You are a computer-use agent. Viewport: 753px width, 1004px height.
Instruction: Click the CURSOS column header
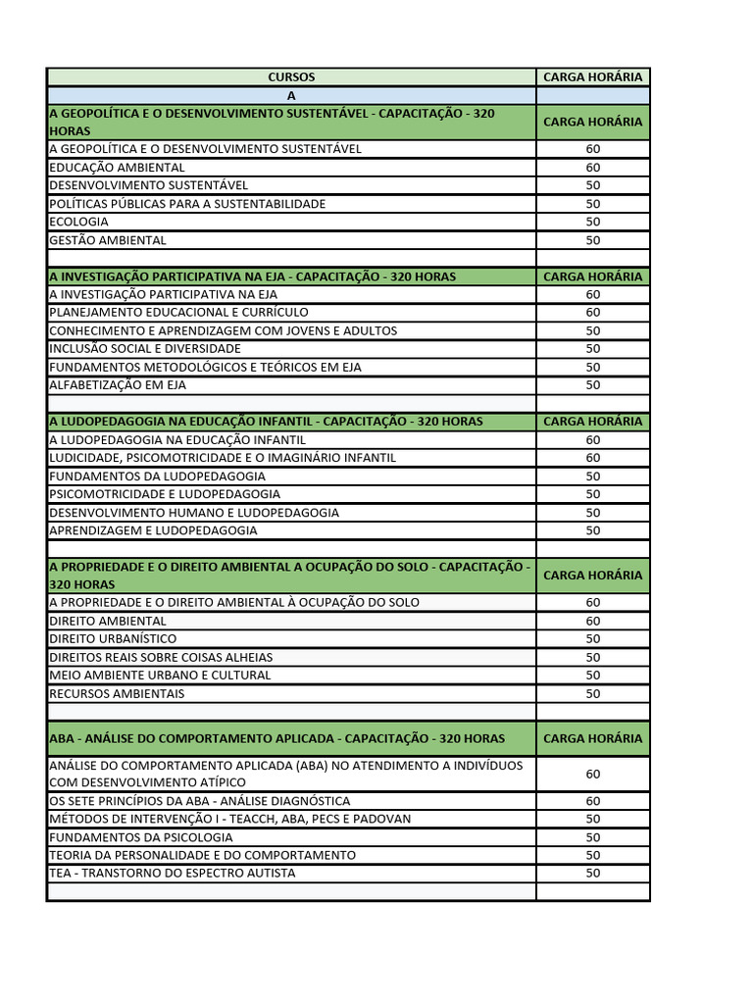coord(291,76)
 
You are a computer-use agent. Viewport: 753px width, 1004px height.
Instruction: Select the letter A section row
coord(291,95)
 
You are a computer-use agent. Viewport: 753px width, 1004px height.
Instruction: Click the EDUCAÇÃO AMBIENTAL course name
coord(117,168)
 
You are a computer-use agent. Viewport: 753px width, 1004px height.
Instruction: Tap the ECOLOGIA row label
coord(78,222)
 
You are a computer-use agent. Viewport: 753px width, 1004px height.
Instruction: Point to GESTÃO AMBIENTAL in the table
coord(108,240)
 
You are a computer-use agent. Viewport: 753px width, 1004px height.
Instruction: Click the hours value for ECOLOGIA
coord(592,222)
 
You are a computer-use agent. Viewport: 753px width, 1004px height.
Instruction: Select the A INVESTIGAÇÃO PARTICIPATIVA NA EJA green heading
coord(252,276)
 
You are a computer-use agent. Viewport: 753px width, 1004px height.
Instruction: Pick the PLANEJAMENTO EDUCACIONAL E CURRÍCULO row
coord(178,313)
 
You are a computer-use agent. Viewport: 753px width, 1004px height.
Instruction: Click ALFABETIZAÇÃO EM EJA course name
coord(118,385)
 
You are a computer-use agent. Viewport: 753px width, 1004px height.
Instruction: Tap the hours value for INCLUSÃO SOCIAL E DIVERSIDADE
coord(592,349)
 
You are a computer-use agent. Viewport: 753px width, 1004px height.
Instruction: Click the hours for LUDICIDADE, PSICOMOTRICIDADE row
coord(592,458)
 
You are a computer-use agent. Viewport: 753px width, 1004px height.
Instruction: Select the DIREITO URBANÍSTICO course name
coord(113,639)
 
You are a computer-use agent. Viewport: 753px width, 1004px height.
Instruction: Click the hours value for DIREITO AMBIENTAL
coord(592,621)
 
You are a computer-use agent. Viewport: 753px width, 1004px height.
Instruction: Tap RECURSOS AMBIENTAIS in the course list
coord(117,694)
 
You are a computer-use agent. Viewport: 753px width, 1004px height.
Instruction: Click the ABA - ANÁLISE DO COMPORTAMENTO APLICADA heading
coord(276,738)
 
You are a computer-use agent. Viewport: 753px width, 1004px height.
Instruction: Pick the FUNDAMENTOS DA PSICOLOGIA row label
coord(141,837)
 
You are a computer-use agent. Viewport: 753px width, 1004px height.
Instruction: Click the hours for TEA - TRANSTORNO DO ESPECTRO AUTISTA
coord(592,874)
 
